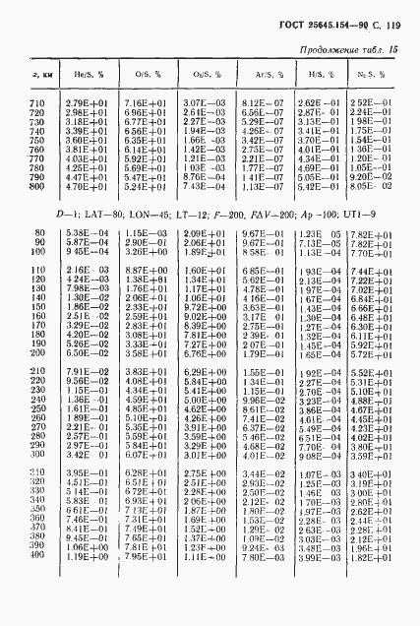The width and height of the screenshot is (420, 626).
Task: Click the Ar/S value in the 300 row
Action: coord(258,483)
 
